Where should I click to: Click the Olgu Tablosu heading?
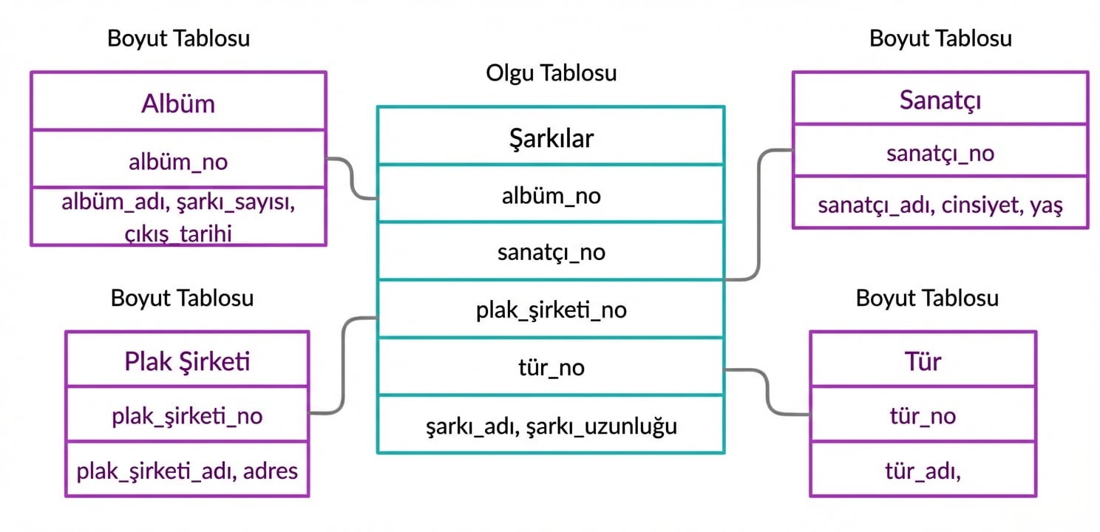[x=551, y=73]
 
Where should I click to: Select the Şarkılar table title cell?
[x=551, y=137]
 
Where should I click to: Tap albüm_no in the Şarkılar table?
[x=551, y=195]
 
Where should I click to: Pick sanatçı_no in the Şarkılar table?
[x=551, y=252]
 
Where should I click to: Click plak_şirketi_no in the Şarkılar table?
[x=551, y=310]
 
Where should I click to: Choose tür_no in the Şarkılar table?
[x=551, y=367]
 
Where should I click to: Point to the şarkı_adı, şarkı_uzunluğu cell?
[x=551, y=426]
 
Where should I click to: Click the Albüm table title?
[x=178, y=103]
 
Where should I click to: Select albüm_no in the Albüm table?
[x=178, y=161]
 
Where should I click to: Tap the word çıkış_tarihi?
[x=178, y=234]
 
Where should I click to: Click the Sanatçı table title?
[x=940, y=100]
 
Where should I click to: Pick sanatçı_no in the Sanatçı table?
[x=940, y=153]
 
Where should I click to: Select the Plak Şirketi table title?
[x=187, y=361]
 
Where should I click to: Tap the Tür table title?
[x=923, y=361]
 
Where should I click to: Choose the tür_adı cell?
[x=923, y=470]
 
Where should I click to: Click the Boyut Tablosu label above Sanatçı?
[x=940, y=38]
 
